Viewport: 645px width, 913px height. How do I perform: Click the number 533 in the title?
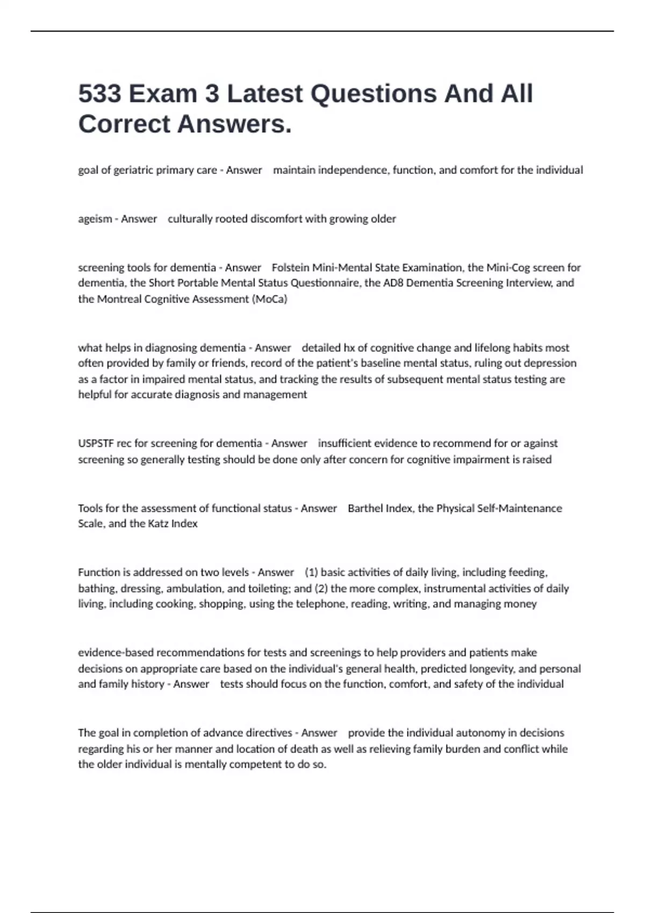coord(100,94)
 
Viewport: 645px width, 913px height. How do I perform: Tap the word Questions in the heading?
coord(374,94)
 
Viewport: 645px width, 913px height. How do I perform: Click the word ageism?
coord(95,219)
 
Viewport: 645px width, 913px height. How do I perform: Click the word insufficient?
coord(345,444)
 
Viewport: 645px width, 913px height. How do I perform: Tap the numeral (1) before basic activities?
coord(311,573)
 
